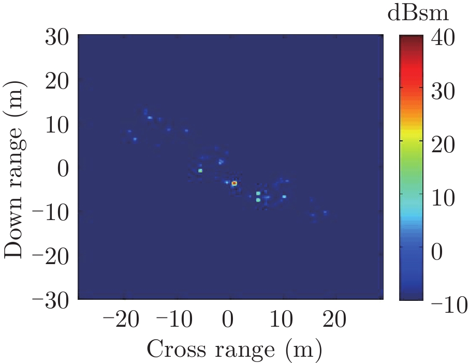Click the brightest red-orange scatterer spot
click(x=234, y=183)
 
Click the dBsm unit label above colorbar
click(x=418, y=14)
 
